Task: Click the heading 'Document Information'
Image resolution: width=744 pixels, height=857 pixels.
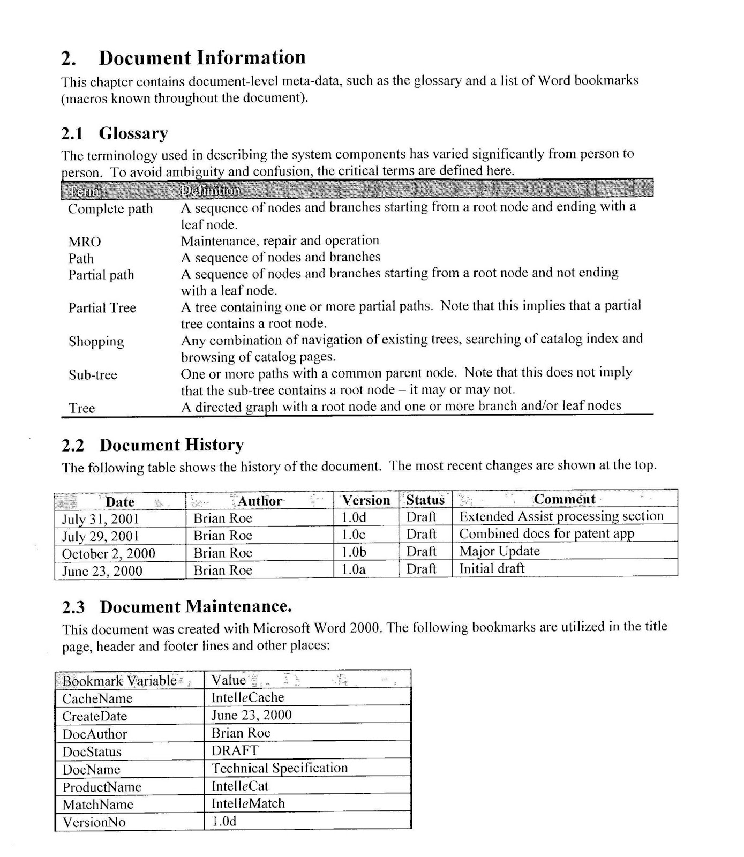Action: coord(202,58)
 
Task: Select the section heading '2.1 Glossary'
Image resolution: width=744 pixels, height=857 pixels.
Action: coord(115,133)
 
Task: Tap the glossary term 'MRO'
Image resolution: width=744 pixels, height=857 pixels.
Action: coord(84,242)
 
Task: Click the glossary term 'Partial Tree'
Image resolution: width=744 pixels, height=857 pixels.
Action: coord(102,308)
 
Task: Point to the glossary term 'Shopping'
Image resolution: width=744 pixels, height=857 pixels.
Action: coord(96,342)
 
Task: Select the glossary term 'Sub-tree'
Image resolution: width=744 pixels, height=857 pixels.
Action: coord(92,375)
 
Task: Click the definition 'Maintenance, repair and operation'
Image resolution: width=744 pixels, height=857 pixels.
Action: coord(280,240)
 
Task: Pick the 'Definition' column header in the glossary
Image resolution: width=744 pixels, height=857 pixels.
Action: coord(210,191)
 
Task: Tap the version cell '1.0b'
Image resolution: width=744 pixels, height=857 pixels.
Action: coord(354,552)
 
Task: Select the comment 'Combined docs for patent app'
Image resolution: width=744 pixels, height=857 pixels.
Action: coord(546,534)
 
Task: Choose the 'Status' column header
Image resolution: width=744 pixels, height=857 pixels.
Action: coord(425,500)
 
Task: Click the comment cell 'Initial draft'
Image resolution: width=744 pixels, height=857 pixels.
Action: coord(492,568)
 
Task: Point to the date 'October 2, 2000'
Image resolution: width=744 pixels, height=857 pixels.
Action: coord(108,553)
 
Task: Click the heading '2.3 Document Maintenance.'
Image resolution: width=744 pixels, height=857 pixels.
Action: coord(177,607)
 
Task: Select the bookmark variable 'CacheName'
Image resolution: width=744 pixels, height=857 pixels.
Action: coord(97,698)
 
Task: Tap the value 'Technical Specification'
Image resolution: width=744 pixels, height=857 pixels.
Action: coord(279,768)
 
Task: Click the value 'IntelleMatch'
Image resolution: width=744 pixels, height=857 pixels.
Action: coord(248,803)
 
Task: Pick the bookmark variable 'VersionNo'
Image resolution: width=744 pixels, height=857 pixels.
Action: coord(94,822)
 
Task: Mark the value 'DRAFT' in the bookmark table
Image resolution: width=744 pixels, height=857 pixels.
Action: coord(235,750)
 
